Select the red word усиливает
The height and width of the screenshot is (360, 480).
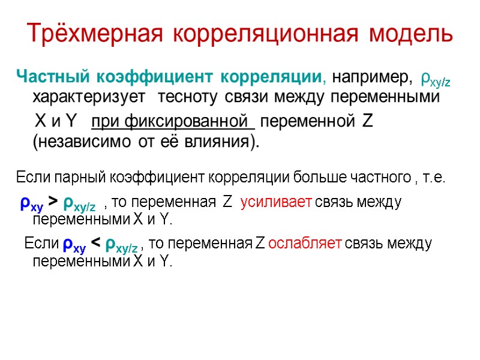pyautogui.click(x=275, y=203)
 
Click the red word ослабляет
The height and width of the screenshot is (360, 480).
pyautogui.click(x=305, y=244)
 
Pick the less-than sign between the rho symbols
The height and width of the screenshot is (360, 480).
pyautogui.click(x=95, y=244)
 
